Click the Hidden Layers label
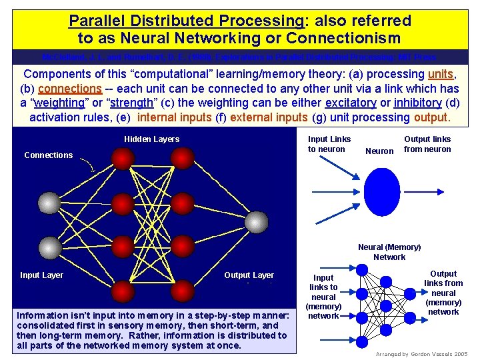pos(151,139)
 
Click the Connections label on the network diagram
pos(48,155)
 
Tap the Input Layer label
pos(41,275)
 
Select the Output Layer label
pos(249,275)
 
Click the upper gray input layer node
pos(49,203)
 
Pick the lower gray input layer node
pos(49,248)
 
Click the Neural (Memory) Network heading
pos(389,252)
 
